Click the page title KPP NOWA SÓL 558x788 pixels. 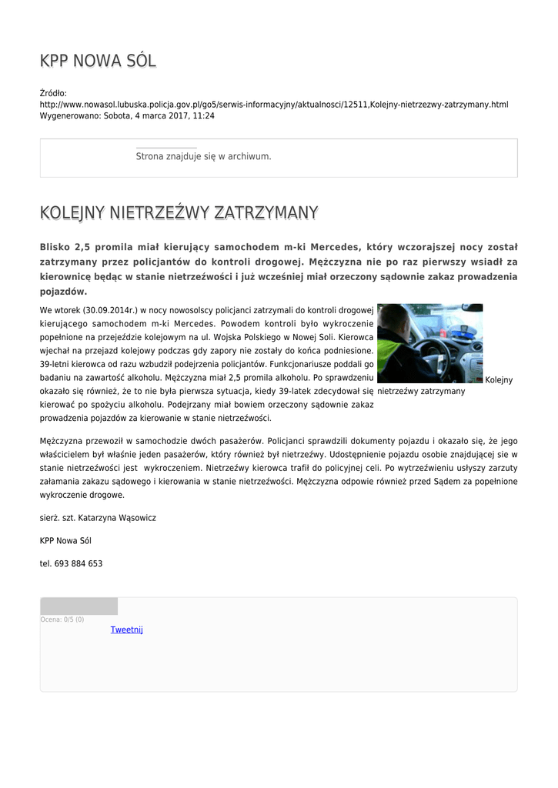click(98, 61)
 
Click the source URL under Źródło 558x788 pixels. click(273, 104)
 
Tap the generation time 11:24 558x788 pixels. click(204, 115)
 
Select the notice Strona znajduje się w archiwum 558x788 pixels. click(203, 156)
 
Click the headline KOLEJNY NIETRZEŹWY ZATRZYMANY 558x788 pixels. click(179, 212)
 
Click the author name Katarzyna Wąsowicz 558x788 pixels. click(115, 518)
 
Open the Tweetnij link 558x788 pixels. click(127, 629)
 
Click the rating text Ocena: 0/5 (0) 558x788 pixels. click(62, 619)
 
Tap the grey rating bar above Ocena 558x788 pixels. click(79, 606)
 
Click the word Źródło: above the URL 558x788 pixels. click(53, 92)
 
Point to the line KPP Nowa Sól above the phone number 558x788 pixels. click(65, 541)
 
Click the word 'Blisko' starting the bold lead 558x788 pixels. click(55, 247)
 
